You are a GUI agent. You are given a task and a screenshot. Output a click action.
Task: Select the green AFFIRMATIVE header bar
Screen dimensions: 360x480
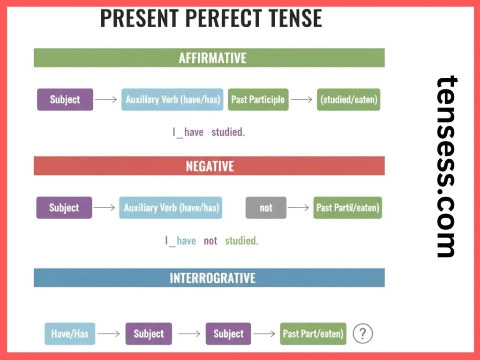click(209, 58)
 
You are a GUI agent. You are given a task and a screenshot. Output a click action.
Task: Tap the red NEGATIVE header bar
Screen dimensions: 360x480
click(209, 166)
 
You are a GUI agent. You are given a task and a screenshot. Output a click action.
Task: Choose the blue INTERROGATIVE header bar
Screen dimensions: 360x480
click(209, 277)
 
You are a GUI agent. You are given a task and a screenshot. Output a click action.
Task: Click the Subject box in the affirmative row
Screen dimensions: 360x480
click(65, 99)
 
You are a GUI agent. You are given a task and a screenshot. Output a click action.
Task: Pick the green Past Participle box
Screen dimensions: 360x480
click(258, 99)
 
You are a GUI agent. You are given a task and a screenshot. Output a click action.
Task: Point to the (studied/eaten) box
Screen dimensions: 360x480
click(348, 99)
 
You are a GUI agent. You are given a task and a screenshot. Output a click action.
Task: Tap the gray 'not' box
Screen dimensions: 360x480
click(266, 208)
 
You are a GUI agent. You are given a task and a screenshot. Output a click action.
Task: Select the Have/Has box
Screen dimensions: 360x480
click(69, 334)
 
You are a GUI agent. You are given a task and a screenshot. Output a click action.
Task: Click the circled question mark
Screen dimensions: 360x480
click(362, 334)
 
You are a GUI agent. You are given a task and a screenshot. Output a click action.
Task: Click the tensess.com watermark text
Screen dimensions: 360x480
click(446, 166)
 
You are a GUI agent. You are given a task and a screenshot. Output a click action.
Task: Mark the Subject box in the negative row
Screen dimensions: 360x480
click(64, 208)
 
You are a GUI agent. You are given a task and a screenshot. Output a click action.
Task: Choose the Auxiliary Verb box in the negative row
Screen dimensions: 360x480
click(171, 208)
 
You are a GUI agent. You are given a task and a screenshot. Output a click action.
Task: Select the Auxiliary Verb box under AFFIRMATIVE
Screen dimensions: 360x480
click(172, 99)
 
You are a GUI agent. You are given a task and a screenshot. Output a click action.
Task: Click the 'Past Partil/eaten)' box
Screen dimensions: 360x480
click(347, 208)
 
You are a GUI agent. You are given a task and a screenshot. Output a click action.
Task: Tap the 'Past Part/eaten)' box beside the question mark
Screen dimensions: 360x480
click(313, 334)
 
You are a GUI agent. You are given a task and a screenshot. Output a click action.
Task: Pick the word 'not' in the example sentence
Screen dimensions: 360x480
click(210, 241)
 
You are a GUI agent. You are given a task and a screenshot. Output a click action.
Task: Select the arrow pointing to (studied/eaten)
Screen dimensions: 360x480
click(302, 99)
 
